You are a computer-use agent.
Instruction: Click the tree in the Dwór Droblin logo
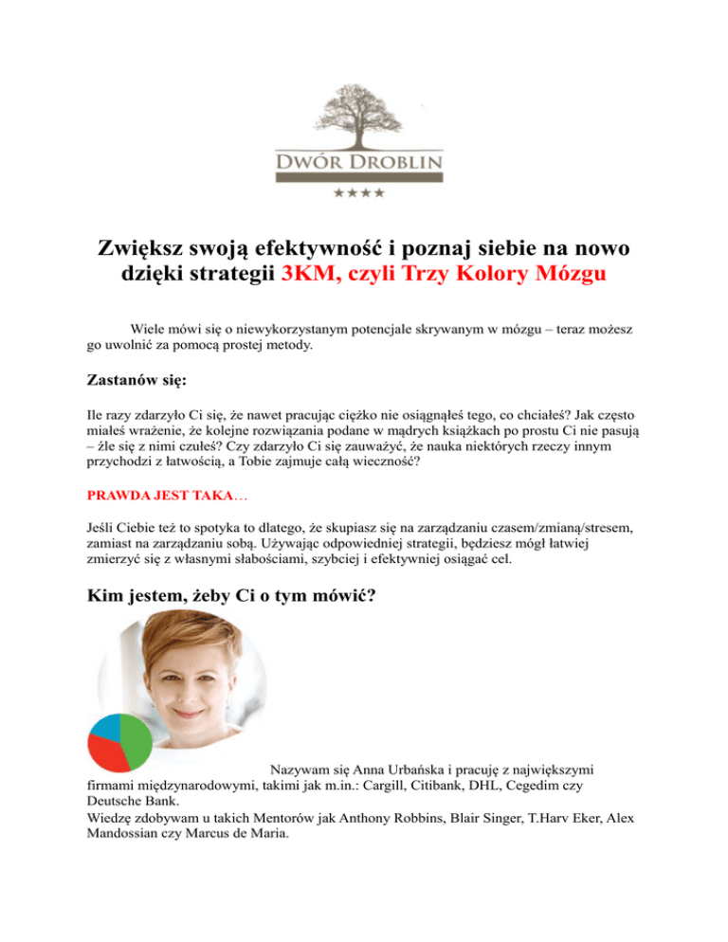tap(363, 113)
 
